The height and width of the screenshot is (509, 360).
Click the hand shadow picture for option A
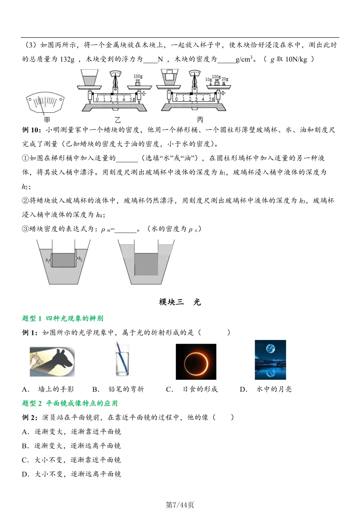pos(52,362)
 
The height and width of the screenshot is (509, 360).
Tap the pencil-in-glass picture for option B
pos(122,360)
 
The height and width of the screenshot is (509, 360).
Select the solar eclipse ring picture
pos(196,362)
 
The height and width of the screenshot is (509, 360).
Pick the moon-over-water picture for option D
pos(270,360)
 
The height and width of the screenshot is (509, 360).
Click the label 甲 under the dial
pos(47,119)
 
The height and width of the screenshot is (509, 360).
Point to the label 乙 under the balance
pos(117,120)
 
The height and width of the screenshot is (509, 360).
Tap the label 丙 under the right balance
pos(200,119)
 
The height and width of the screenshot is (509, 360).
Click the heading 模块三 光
pos(180,302)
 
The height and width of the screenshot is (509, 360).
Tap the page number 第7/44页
pos(180,505)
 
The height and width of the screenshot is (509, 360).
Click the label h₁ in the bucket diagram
pos(47,260)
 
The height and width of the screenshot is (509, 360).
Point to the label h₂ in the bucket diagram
pos(80,258)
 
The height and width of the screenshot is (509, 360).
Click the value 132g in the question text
pos(67,59)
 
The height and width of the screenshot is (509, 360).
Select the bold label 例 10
pos(32,130)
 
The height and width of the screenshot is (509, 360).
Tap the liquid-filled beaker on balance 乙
pos(89,79)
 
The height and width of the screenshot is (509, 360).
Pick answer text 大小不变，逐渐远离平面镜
pos(78,474)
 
